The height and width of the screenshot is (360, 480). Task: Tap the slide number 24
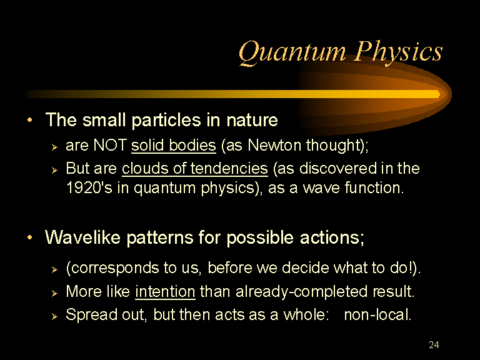pos(434,345)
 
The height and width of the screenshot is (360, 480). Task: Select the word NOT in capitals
pos(110,145)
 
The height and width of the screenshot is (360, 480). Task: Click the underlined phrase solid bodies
pos(174,145)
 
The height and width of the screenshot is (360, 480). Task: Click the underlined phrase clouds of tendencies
pos(195,168)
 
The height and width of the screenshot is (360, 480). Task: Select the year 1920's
pos(89,187)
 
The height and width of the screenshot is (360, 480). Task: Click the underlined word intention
pos(165,291)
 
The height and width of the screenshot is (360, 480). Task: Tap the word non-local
pos(377,315)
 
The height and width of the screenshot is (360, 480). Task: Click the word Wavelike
pos(82,237)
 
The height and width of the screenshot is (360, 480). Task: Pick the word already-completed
pos(301,291)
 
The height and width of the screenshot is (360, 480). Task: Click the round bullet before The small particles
pos(30,120)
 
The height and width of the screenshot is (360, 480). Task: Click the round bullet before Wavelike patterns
pos(30,237)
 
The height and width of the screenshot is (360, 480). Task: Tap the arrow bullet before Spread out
pos(54,316)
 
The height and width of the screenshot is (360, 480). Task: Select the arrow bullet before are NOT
pos(54,147)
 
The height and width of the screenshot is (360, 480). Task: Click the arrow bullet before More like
pos(54,293)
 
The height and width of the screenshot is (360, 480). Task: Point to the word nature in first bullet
pos(252,120)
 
